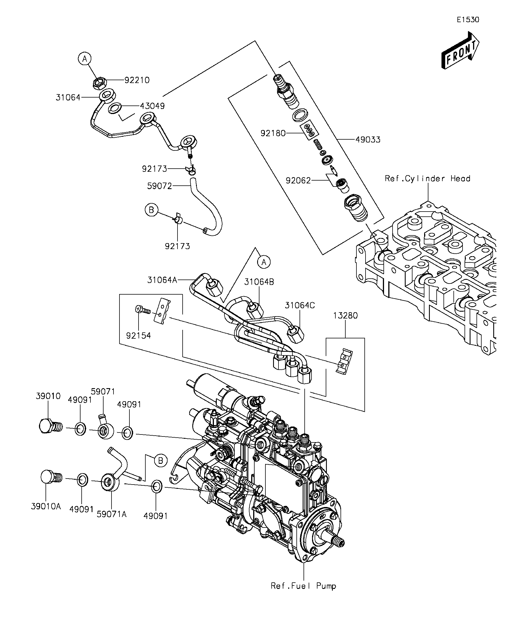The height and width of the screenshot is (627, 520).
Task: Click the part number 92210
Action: (x=137, y=80)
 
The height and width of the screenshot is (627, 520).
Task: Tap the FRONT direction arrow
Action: (x=460, y=51)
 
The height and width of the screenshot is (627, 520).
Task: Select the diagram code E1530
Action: (x=468, y=20)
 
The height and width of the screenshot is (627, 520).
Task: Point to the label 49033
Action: (x=368, y=140)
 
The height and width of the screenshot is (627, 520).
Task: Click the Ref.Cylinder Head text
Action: (x=428, y=179)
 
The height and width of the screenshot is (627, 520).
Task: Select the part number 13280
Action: (x=346, y=316)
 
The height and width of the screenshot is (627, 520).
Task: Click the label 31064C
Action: (x=300, y=305)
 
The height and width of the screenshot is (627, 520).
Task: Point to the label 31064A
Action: (x=162, y=280)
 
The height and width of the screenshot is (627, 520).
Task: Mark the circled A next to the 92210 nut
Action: (x=85, y=59)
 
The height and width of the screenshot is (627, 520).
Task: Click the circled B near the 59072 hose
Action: (x=151, y=210)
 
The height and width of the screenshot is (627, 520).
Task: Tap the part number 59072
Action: (x=160, y=186)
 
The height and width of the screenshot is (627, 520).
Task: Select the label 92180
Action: (x=273, y=133)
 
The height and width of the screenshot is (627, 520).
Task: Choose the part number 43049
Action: (x=152, y=106)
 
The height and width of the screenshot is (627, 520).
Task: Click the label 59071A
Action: (x=112, y=514)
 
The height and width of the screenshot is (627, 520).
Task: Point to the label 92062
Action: (x=298, y=181)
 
